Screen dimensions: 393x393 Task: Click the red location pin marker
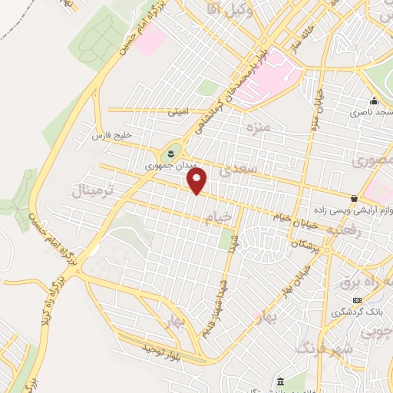(198, 181)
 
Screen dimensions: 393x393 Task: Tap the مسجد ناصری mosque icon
(374, 101)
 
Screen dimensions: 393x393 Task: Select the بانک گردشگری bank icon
(357, 299)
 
